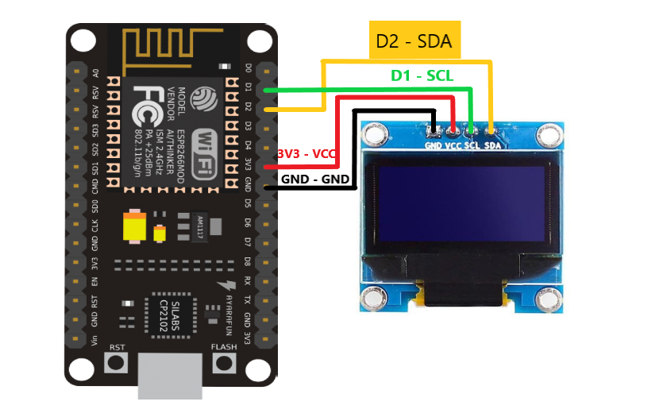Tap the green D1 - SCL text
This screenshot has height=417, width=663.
421,76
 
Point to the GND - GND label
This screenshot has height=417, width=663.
316,180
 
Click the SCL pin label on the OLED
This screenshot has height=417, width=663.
472,145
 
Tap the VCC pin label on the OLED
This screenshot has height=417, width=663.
453,145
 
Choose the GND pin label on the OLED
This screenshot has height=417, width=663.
434,145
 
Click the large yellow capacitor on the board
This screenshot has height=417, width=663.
135,227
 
